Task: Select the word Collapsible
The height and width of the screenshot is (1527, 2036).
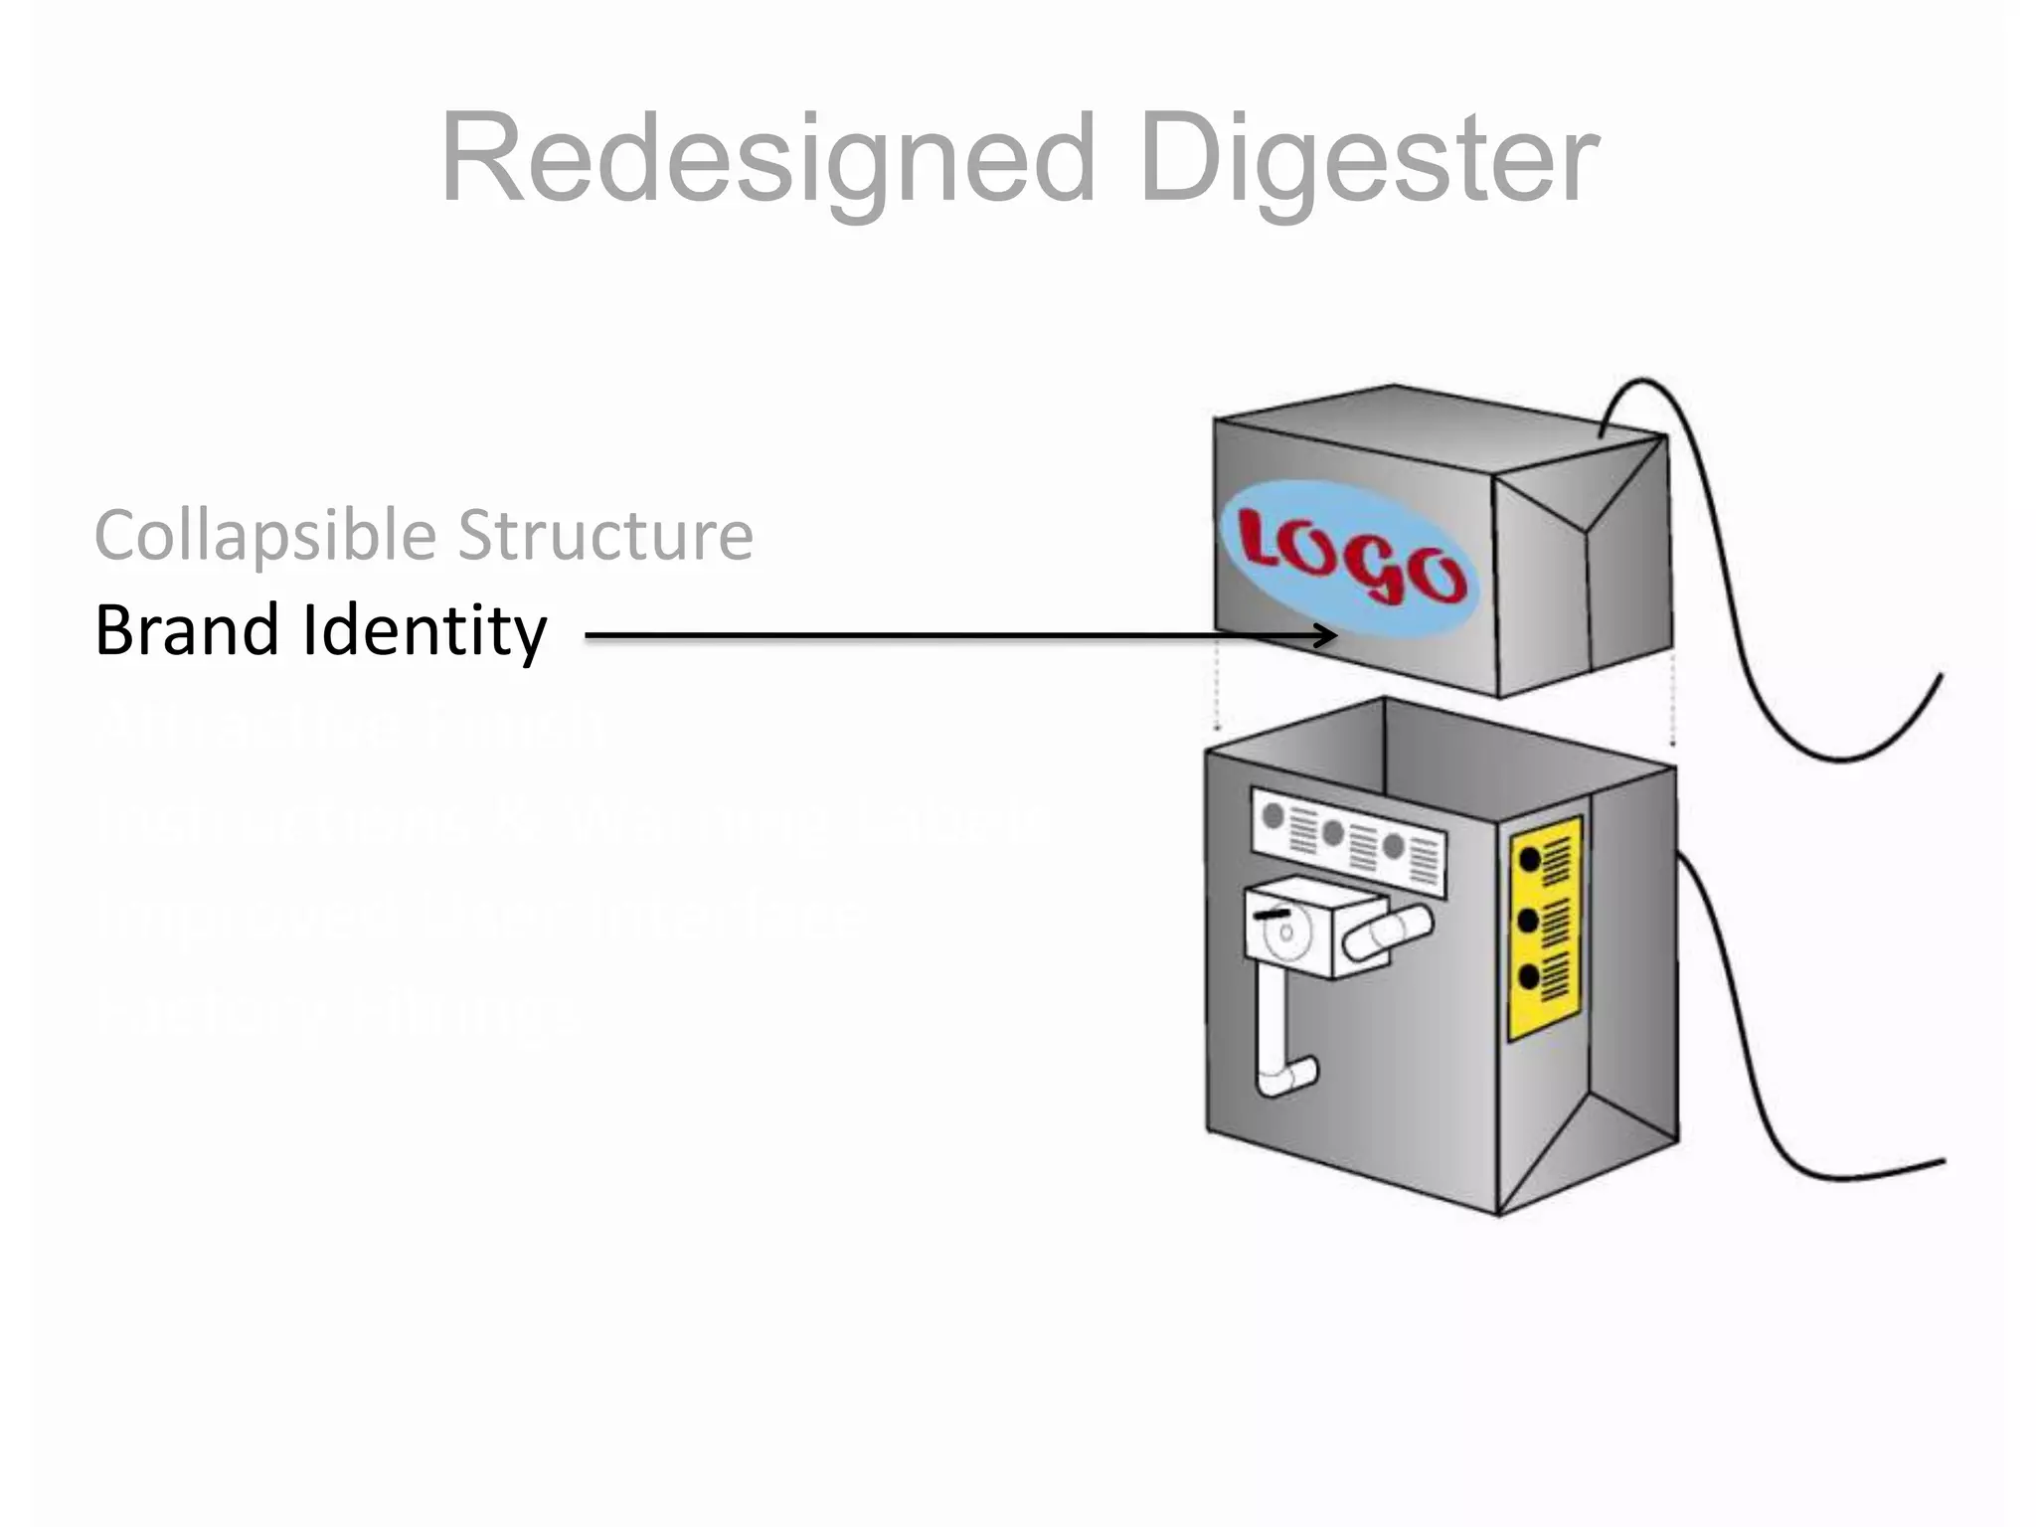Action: click(264, 537)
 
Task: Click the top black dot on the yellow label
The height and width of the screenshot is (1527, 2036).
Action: click(1530, 860)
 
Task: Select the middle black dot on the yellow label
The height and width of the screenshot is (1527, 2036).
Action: click(1530, 921)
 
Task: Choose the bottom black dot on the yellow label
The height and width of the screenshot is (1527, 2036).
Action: click(1530, 978)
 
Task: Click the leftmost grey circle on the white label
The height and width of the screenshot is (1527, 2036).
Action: click(1272, 817)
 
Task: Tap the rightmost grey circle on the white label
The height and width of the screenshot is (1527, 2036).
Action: click(1394, 846)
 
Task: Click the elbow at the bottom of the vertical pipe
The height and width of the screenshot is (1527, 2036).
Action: click(1290, 1077)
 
